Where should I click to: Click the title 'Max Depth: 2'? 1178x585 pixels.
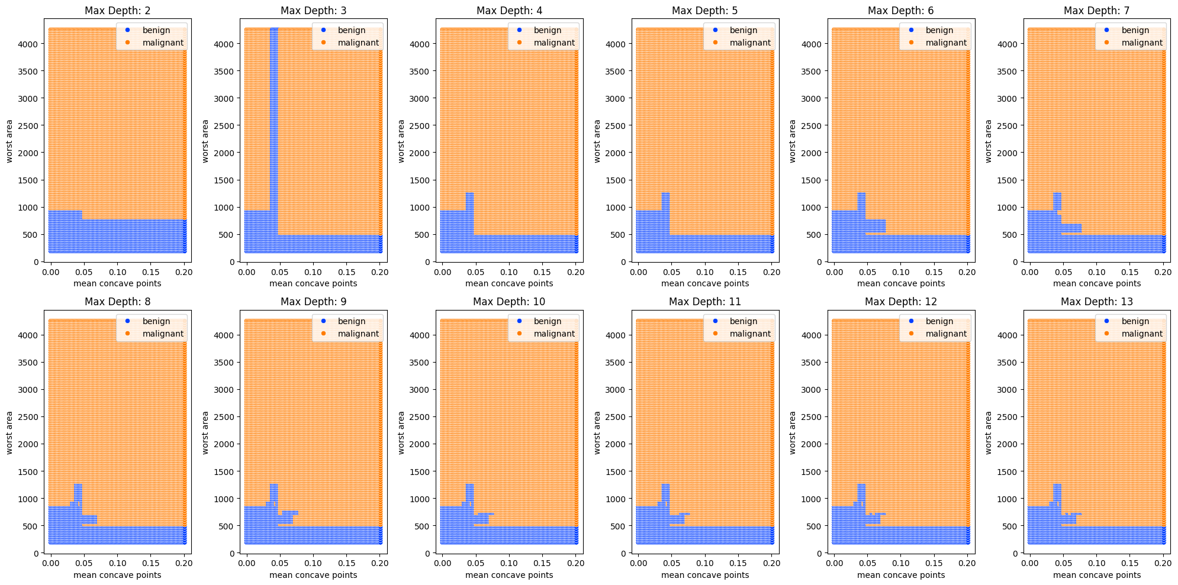(x=117, y=11)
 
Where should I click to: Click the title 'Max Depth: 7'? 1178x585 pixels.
(x=1096, y=11)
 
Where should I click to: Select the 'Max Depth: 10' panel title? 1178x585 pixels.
(x=509, y=302)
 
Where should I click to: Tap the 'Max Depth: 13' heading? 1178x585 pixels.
(x=1096, y=302)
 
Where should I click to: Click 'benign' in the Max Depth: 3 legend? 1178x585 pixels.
(x=352, y=30)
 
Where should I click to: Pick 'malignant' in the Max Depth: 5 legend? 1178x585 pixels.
(x=750, y=43)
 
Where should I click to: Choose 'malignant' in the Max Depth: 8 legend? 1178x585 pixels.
(x=163, y=334)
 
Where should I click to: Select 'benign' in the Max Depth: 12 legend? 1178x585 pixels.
(x=939, y=321)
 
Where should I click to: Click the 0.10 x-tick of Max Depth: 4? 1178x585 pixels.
(x=509, y=272)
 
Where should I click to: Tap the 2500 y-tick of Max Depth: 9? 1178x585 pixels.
(x=225, y=417)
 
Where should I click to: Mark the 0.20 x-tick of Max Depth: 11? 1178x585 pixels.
(x=771, y=563)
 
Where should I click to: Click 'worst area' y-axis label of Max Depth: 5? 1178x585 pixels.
(x=597, y=141)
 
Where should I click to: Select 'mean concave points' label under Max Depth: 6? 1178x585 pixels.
(x=901, y=283)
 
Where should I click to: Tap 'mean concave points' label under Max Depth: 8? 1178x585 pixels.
(x=117, y=575)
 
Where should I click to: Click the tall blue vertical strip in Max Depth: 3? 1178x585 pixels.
(x=274, y=118)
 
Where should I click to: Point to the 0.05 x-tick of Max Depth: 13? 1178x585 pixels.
(x=1063, y=563)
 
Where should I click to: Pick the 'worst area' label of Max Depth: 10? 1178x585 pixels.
(x=401, y=432)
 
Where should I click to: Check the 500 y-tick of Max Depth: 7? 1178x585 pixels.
(x=1010, y=235)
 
